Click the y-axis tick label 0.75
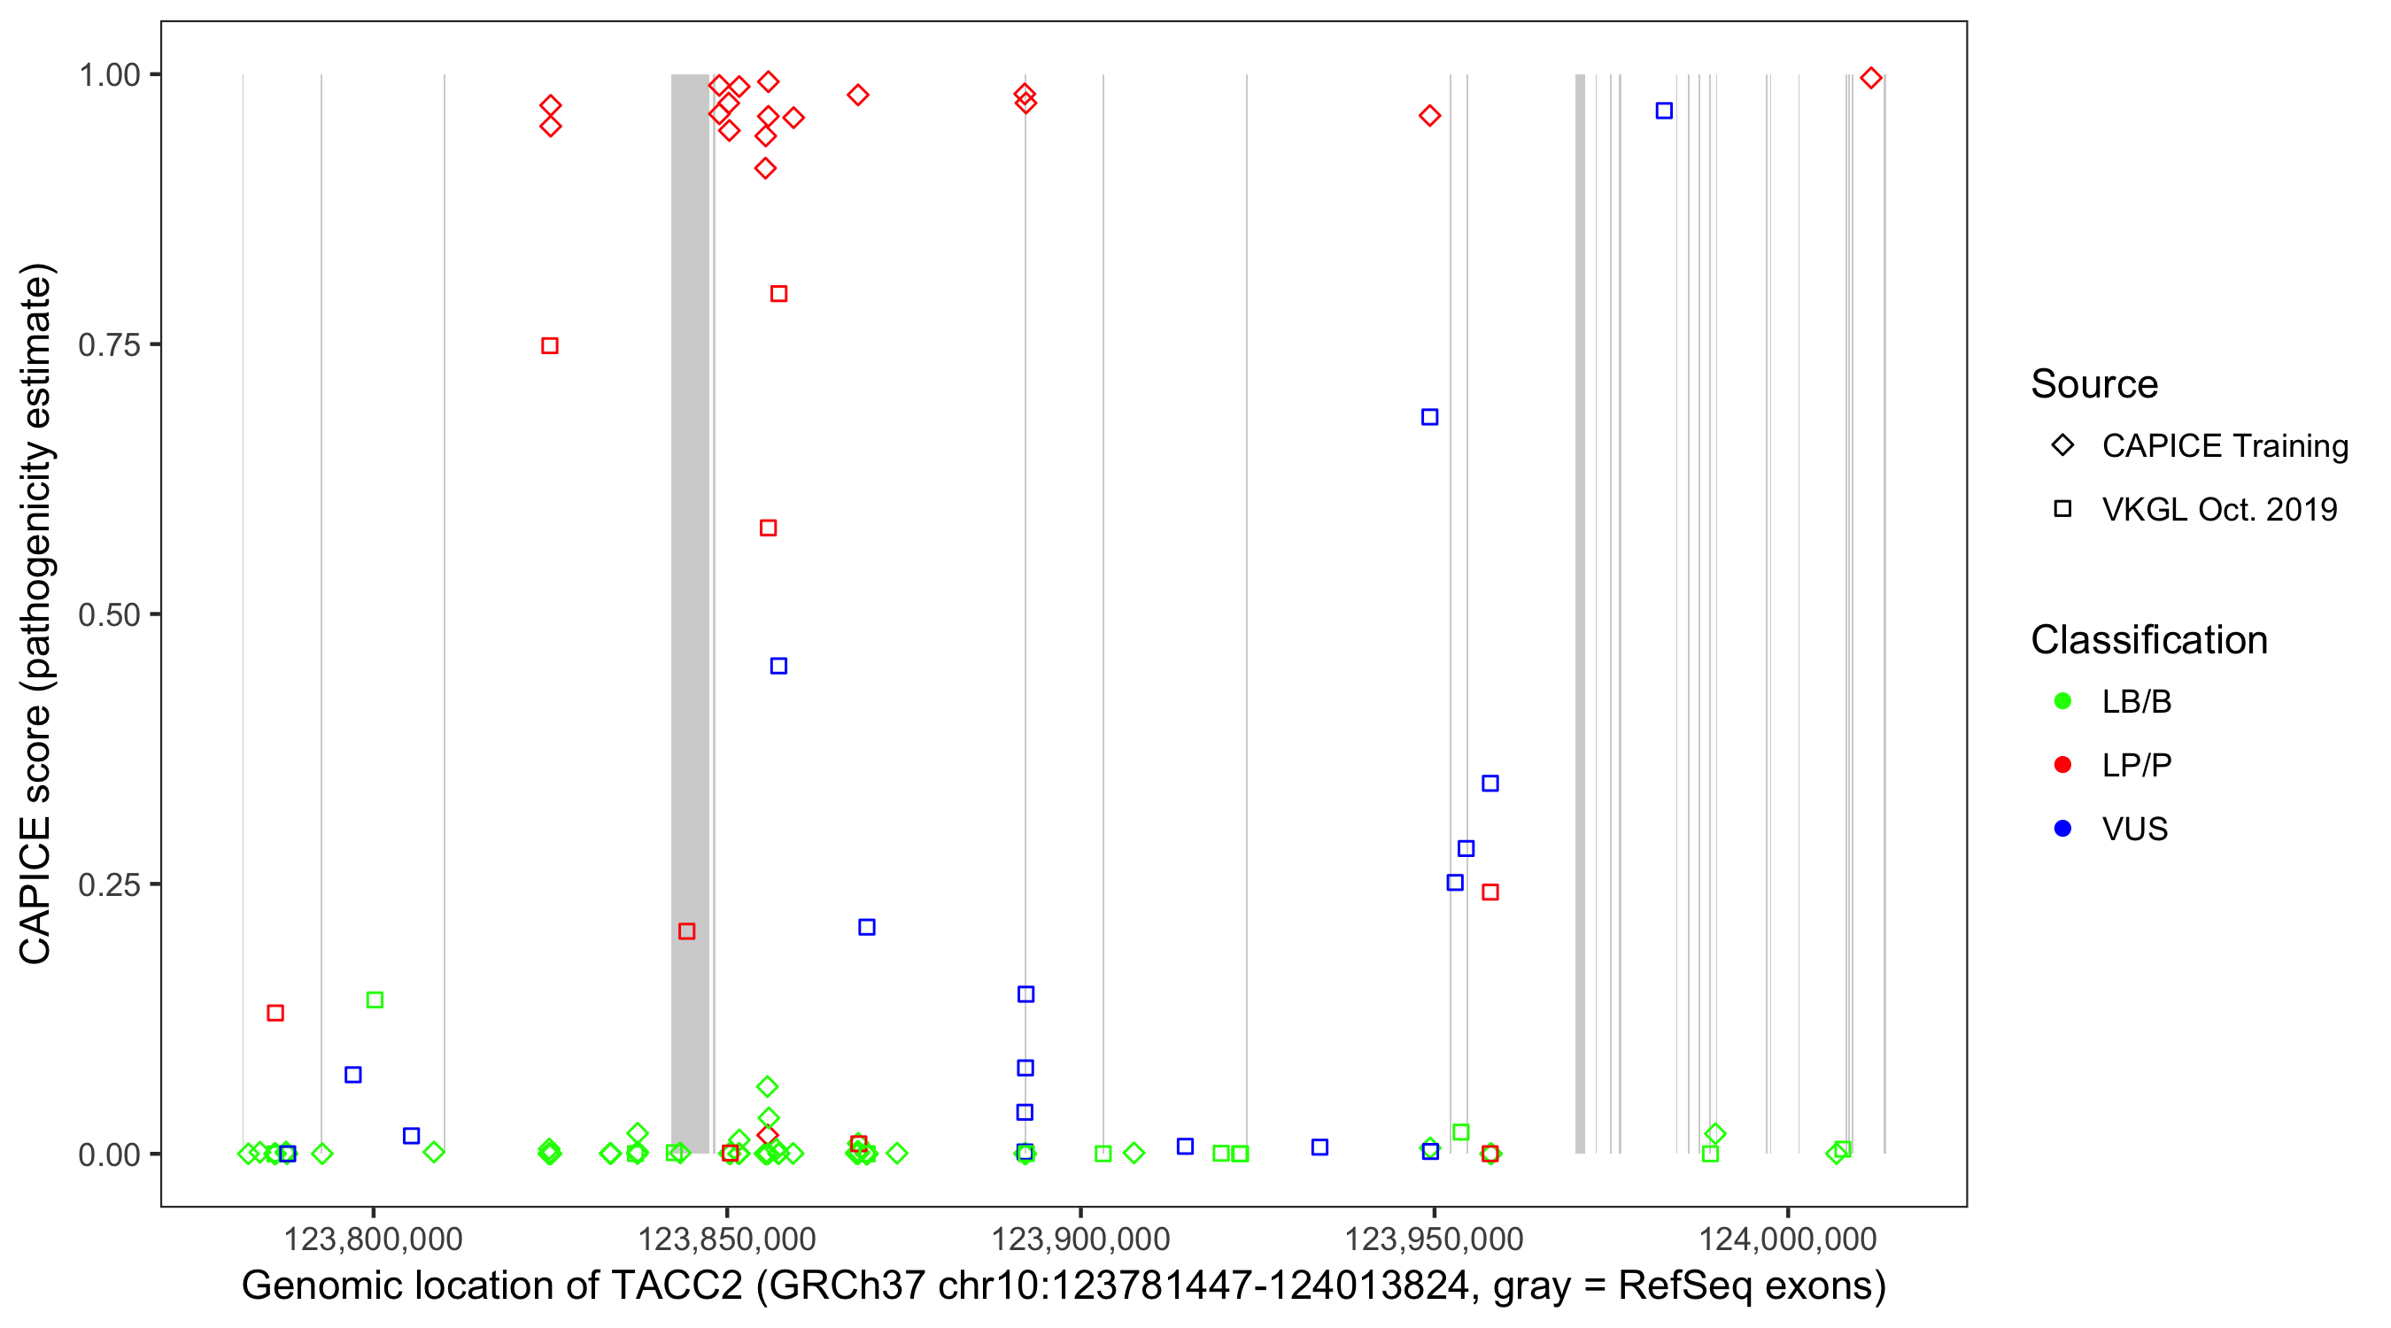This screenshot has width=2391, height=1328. [109, 345]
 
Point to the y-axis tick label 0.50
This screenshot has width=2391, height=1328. [109, 614]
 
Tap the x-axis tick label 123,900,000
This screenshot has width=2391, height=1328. [1080, 1239]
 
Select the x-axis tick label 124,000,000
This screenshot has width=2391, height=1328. [1788, 1239]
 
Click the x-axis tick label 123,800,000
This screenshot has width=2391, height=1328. [373, 1239]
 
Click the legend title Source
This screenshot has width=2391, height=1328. [2094, 384]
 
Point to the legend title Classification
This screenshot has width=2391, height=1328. [2148, 640]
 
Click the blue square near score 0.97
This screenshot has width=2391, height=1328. [1664, 112]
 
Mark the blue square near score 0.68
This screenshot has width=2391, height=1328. [1429, 418]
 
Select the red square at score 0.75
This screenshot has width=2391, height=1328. [549, 346]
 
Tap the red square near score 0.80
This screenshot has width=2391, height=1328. [778, 294]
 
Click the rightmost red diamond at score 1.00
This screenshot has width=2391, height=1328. [1871, 79]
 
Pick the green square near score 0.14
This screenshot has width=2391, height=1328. [375, 1000]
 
